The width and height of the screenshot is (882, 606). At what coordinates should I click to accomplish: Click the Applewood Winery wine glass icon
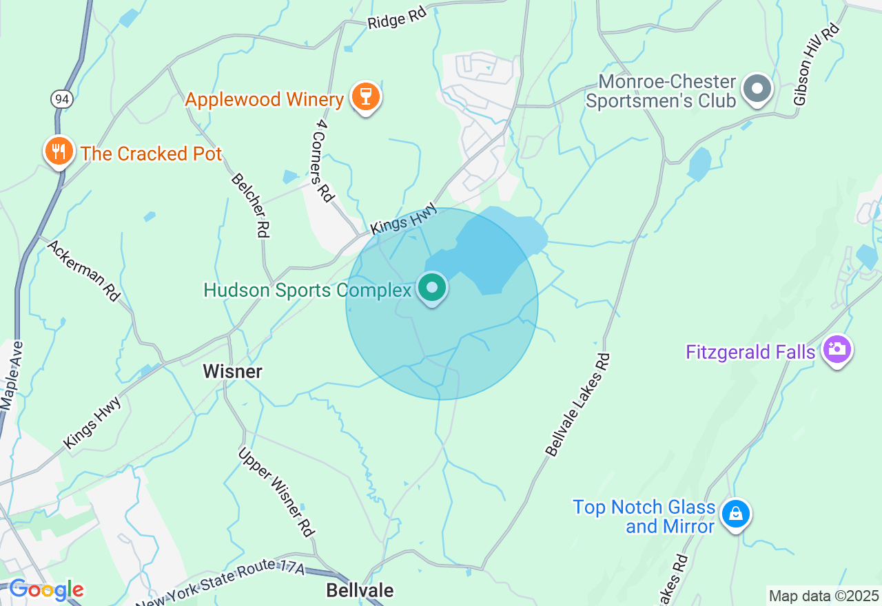click(x=365, y=97)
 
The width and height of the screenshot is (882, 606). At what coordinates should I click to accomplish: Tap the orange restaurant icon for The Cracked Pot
click(x=59, y=151)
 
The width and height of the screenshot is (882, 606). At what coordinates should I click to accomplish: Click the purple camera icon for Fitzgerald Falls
click(x=837, y=349)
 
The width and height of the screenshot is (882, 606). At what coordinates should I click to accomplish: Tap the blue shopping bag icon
click(x=735, y=514)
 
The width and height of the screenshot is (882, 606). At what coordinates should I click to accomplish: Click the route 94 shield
click(x=61, y=99)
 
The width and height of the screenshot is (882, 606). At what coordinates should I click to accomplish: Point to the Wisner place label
click(x=232, y=372)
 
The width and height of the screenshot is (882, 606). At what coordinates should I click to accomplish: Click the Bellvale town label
click(x=360, y=590)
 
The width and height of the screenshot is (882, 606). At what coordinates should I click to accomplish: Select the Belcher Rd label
click(x=249, y=205)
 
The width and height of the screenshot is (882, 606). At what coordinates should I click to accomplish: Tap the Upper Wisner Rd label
click(x=277, y=492)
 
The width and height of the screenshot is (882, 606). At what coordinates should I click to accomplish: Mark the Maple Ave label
click(x=12, y=376)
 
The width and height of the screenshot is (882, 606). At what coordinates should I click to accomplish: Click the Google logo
click(x=45, y=590)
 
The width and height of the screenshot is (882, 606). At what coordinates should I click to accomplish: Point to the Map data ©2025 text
click(x=823, y=596)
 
